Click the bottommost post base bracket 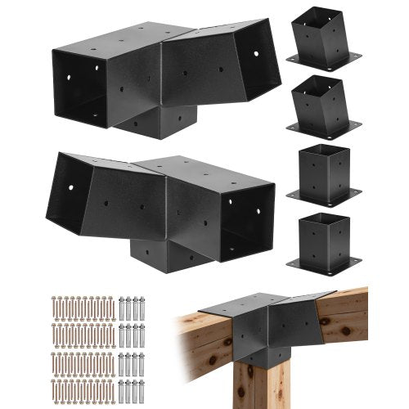click(x=323, y=241)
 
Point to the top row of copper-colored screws click(x=82, y=308)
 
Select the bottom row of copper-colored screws click(x=82, y=389)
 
